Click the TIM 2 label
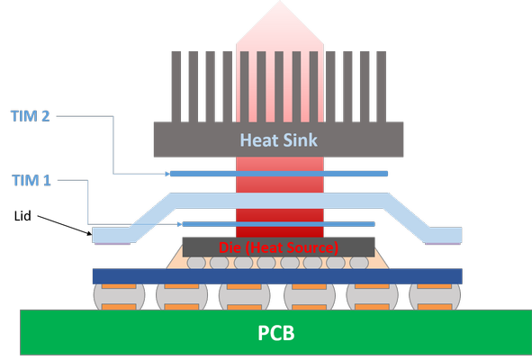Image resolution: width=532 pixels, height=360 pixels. [x=32, y=116]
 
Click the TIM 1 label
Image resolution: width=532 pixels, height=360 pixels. [x=32, y=180]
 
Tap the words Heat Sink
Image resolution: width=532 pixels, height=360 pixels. [x=278, y=139]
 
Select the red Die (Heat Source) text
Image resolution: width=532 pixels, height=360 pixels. [x=278, y=247]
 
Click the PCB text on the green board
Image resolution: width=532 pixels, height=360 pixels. [x=275, y=333]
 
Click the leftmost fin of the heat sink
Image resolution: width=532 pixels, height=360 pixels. [x=177, y=86]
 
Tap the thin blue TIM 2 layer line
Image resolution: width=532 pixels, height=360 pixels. [x=279, y=174]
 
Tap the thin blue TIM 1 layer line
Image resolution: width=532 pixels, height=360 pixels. [x=279, y=224]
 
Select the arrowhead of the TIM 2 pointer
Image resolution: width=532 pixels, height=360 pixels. [x=167, y=174]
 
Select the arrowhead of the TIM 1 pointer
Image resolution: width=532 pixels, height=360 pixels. [x=181, y=224]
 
